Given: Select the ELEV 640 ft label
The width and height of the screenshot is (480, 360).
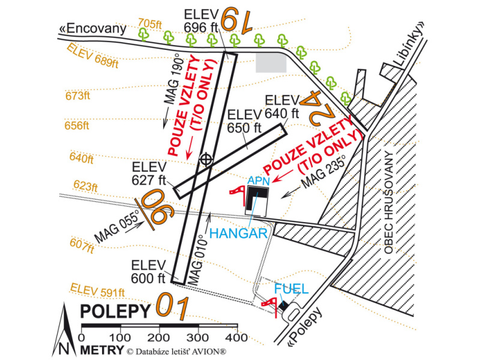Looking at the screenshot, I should [281, 106].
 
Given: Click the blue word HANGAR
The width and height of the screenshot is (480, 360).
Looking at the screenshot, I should [238, 233].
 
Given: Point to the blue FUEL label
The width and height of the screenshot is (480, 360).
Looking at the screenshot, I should [292, 289].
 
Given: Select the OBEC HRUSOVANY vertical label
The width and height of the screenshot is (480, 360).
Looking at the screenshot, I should [388, 202].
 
